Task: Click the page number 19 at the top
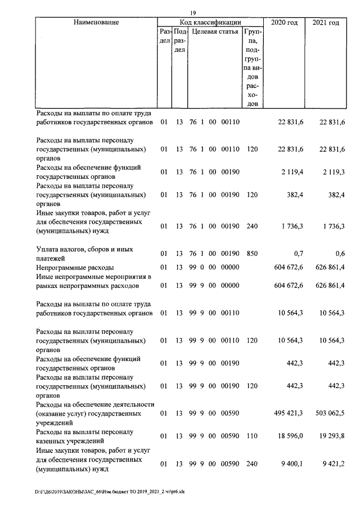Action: [192, 13]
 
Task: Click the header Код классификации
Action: [210, 22]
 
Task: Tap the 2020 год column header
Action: [285, 22]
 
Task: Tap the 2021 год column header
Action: [326, 22]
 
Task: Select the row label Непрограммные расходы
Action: [75, 267]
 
